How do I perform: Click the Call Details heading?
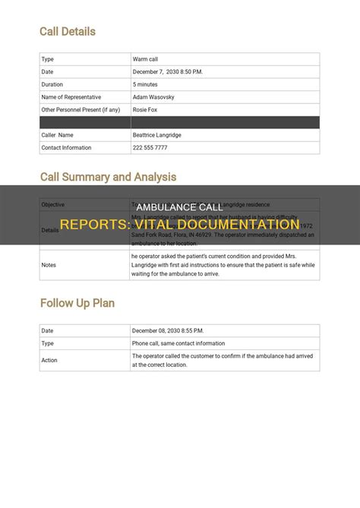tap(68, 31)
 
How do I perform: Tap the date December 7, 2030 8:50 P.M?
tap(167, 71)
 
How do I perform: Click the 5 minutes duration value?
tap(147, 84)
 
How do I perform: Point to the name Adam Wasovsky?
tap(155, 97)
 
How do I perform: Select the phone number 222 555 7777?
tap(150, 147)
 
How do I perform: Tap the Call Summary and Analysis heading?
tap(108, 177)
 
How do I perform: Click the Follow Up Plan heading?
tap(77, 303)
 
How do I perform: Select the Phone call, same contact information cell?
tap(178, 343)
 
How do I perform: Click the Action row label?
tap(50, 360)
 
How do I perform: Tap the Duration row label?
tap(53, 84)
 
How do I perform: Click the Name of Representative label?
tap(72, 97)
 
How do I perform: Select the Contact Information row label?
tap(67, 147)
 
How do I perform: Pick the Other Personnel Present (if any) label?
tap(81, 109)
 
